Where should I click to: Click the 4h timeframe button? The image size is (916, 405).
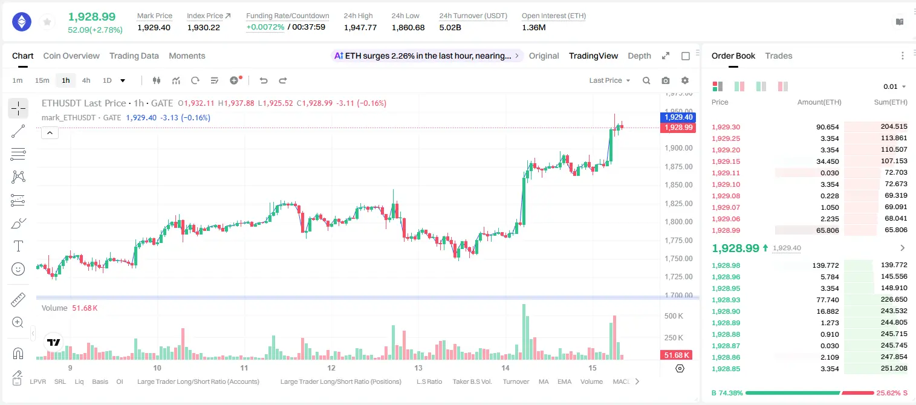pos(86,80)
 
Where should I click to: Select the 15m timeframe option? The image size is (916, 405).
pos(42,80)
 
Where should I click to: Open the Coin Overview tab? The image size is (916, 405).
pos(71,56)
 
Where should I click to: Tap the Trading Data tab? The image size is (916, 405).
pos(134,56)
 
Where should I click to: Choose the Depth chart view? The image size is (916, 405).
pos(639,56)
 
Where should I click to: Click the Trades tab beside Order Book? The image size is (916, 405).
pos(779,56)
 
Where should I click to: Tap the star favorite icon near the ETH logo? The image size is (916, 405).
pos(47,22)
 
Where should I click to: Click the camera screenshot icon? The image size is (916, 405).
pos(666,80)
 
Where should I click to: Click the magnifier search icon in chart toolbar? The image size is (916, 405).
pos(646,80)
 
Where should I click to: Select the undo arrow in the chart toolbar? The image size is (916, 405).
pos(264,80)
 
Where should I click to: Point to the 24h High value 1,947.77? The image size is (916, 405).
pos(360,27)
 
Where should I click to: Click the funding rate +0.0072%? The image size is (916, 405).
pos(265,27)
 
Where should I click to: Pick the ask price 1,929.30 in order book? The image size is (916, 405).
pos(726,127)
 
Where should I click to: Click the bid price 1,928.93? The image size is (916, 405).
pos(726,300)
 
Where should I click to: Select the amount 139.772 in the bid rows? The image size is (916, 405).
pos(825,265)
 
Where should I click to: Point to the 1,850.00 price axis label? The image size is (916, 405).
pos(679,185)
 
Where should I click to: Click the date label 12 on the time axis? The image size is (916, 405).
pos(331,368)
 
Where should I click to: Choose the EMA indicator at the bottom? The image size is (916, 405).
pos(564,381)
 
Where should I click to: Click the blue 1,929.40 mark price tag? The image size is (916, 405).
pos(678,117)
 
